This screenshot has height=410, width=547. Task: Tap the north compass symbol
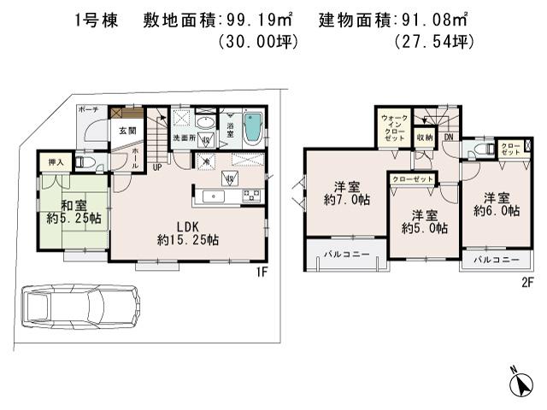[518, 382]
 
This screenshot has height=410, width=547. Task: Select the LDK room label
[188, 226]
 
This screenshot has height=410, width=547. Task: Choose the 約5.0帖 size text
[425, 227]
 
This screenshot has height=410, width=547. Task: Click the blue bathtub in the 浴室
[253, 129]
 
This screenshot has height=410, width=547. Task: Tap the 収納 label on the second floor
[424, 137]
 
